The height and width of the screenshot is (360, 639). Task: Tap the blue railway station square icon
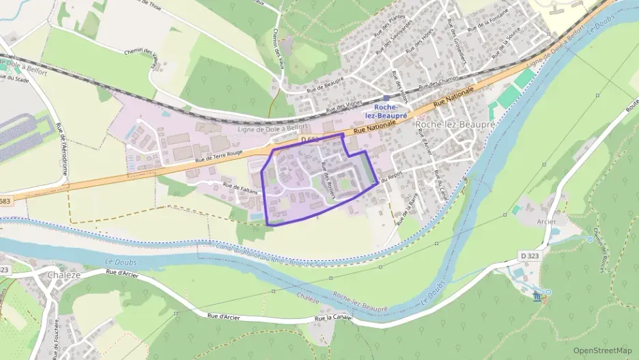pyautogui.click(x=386, y=98)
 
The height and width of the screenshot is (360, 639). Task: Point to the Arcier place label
pyautogui.click(x=546, y=221)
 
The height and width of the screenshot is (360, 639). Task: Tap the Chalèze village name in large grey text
pyautogui.click(x=66, y=275)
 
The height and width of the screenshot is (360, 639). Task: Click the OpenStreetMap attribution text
pyautogui.click(x=602, y=350)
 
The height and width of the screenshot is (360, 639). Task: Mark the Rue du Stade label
pyautogui.click(x=12, y=77)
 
